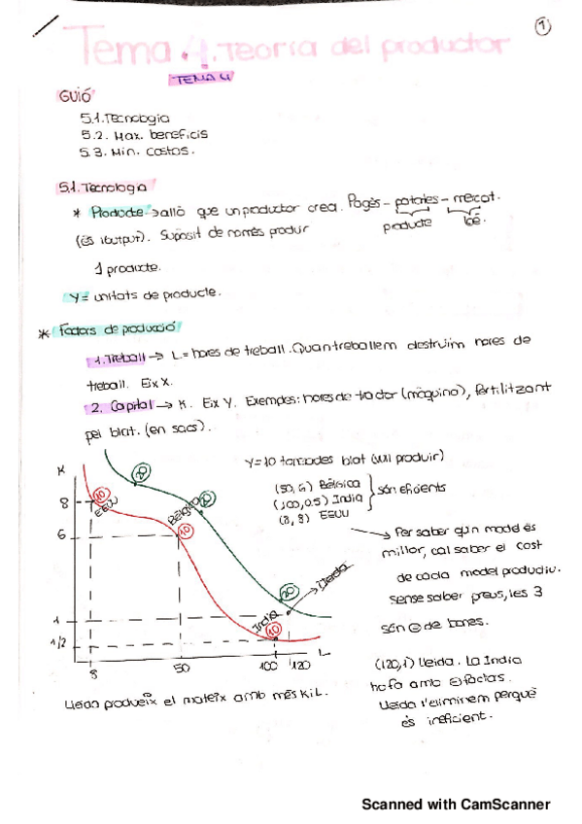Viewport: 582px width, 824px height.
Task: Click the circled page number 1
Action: [542, 27]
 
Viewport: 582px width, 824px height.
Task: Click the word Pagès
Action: [360, 205]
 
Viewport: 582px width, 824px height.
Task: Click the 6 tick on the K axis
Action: [61, 533]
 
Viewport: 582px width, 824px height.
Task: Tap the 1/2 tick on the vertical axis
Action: [59, 642]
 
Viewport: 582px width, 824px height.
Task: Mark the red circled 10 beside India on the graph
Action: [274, 630]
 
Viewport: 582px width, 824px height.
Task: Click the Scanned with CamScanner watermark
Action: [456, 805]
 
